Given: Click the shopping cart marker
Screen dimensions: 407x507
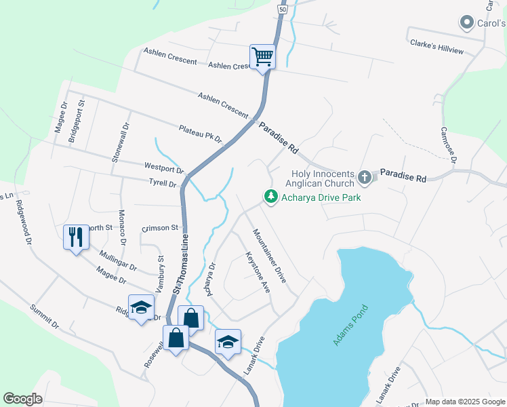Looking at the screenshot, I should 262,56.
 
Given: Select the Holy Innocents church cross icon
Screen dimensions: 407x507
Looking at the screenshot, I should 365,178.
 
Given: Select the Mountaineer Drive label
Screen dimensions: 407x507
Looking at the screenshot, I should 270,255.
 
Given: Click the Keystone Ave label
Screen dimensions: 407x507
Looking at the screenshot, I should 258,272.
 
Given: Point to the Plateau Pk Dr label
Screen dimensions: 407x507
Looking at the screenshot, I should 201,133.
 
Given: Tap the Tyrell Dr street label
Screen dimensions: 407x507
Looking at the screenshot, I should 163,182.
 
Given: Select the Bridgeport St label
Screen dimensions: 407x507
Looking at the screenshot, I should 75,122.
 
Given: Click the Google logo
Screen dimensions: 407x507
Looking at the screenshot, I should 23,399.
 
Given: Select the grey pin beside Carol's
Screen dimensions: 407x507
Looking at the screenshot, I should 466,24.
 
